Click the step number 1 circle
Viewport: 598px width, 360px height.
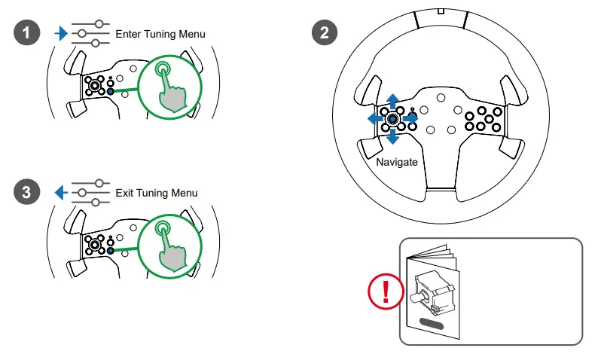tap(26, 33)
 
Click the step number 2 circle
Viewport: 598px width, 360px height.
tap(325, 33)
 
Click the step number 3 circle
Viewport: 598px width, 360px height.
tap(26, 192)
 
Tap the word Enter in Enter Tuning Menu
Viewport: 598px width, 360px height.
tap(129, 34)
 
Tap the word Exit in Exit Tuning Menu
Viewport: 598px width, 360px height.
tap(125, 193)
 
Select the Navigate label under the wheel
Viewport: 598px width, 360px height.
tap(396, 162)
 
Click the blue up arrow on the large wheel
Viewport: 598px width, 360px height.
tap(392, 102)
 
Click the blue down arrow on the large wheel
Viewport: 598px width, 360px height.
tap(392, 137)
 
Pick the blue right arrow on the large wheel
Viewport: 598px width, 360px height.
tap(410, 119)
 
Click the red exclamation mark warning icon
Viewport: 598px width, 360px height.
tap(384, 291)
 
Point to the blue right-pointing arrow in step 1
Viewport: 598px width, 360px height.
tap(62, 34)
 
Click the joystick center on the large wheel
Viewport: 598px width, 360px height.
tap(392, 119)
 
